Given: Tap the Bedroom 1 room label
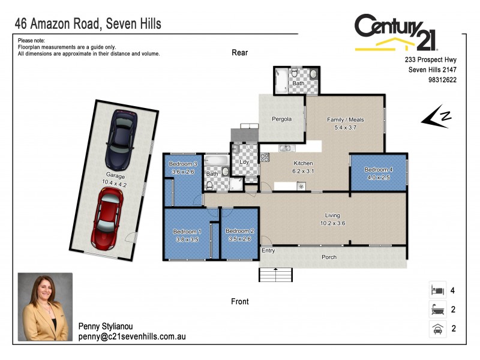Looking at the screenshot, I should pyautogui.click(x=187, y=232).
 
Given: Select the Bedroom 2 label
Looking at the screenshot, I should pyautogui.click(x=239, y=231).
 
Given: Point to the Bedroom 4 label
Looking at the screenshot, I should pyautogui.click(x=379, y=170).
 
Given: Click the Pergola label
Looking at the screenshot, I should pyautogui.click(x=281, y=119).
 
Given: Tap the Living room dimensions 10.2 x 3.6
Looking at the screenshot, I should pyautogui.click(x=332, y=223).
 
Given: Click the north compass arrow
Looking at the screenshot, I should pyautogui.click(x=437, y=117).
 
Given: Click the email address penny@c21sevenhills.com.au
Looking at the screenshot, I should pyautogui.click(x=132, y=337).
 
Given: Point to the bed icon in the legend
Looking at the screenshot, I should pyautogui.click(x=437, y=290).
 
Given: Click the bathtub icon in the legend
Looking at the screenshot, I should pyautogui.click(x=437, y=310).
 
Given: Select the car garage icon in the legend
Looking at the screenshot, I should pyautogui.click(x=437, y=329).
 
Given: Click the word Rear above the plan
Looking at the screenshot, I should pyautogui.click(x=240, y=53).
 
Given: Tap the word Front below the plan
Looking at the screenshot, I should pyautogui.click(x=239, y=301).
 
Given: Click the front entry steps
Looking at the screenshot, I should pyautogui.click(x=276, y=274).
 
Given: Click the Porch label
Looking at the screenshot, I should pyautogui.click(x=329, y=257).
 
